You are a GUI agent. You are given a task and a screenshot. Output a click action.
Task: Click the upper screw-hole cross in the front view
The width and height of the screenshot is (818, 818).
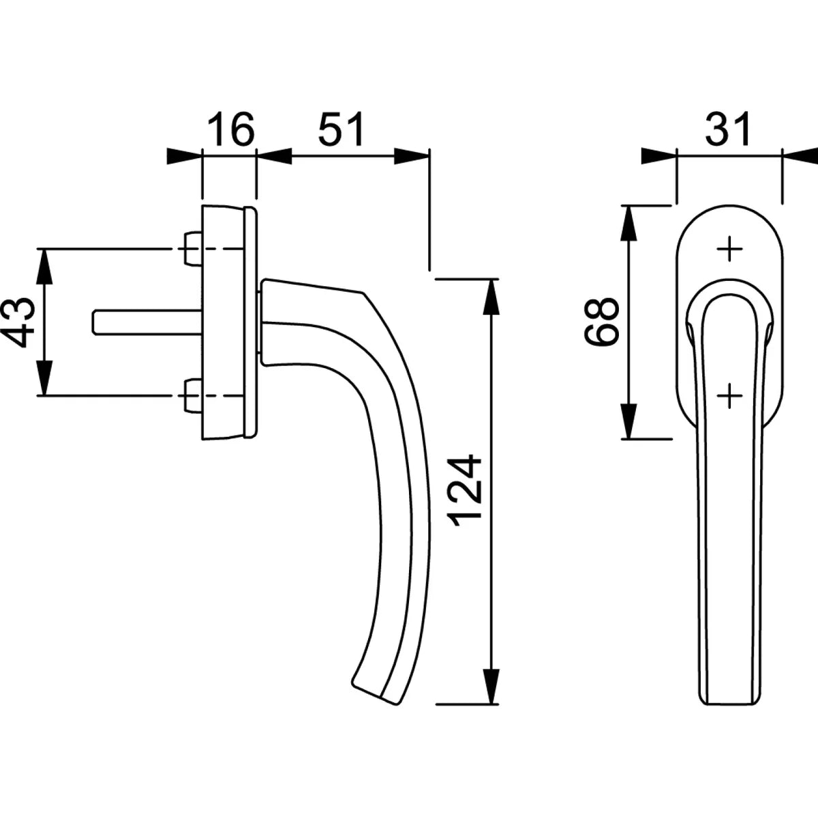(x=729, y=249)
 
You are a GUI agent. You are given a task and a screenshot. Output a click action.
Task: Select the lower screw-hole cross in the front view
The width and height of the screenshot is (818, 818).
(x=729, y=395)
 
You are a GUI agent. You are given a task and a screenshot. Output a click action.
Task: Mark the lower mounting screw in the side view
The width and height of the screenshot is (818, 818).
(x=192, y=395)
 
